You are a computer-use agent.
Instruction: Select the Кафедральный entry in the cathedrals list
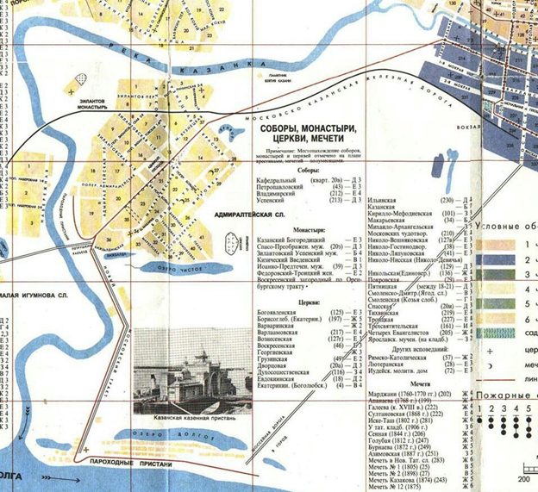click(278, 179)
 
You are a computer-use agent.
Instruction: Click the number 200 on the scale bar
click(522, 480)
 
